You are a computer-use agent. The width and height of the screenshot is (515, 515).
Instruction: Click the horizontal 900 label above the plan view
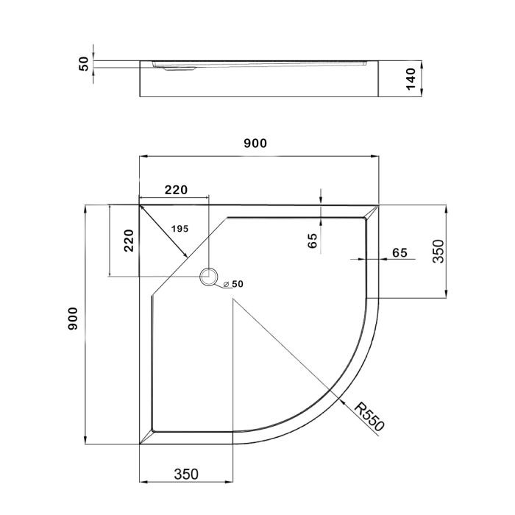pos(255,144)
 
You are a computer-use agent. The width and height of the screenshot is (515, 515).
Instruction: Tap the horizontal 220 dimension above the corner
pos(175,190)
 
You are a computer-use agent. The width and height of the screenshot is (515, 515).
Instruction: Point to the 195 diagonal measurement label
pos(180,229)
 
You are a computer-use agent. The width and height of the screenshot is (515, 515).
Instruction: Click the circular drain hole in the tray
pos(209,277)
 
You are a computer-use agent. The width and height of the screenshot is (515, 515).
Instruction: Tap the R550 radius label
pos(369,419)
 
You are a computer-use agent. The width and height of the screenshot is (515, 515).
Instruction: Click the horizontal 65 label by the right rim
pos(399,252)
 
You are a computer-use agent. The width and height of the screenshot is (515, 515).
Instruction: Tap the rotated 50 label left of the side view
pos(84,64)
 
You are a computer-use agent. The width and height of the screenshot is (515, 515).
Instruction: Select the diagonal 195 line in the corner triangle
pos(163,230)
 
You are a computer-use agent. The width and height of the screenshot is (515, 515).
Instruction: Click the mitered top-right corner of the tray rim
pos(372,212)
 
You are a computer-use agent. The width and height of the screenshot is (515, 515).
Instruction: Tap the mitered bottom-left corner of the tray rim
pos(146,439)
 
